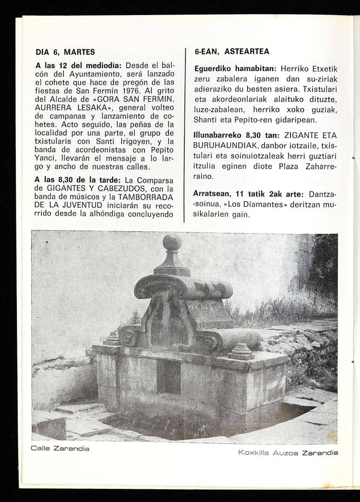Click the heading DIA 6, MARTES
pos(65,52)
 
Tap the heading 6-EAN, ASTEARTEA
pos(231,51)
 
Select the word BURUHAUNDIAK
pos(223,145)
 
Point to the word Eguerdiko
pos(212,69)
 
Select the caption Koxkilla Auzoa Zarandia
pos(288,453)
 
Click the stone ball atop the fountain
pos(172,243)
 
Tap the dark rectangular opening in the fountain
pos(168,377)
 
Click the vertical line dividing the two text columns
pos(185,135)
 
